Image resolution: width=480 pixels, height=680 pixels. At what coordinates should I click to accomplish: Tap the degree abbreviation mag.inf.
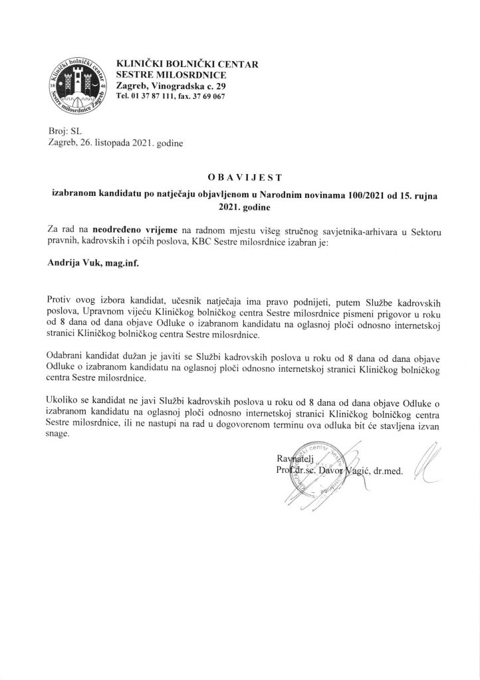pyautogui.click(x=128, y=262)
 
